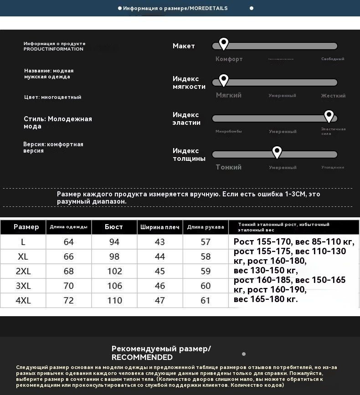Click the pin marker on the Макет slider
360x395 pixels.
pos(223,44)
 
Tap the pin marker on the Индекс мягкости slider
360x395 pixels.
pos(223,80)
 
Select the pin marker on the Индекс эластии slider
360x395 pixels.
pos(329,116)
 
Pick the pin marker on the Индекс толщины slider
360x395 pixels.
pos(277,152)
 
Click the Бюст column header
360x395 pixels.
pos(114,227)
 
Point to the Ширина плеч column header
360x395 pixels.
pos(160,227)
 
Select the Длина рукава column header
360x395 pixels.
pos(206,227)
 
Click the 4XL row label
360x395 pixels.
pos(23,300)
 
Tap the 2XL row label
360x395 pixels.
pos(23,271)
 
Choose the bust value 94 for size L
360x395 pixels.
pos(114,242)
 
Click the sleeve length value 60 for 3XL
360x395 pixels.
pos(206,286)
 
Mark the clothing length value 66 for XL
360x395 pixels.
pos(68,256)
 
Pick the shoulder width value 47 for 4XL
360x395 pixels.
pos(160,300)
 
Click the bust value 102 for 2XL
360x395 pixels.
pos(114,271)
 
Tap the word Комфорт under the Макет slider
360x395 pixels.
pos(229,59)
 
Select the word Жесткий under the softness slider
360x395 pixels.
pos(333,96)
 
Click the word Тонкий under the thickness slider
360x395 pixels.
pos(228,167)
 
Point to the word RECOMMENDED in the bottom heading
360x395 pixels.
pos(142,358)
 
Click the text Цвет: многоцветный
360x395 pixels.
pos(53,97)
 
